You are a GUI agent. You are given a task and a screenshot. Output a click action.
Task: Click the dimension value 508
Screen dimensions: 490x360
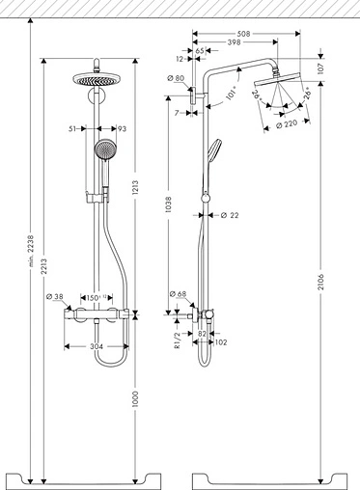246,32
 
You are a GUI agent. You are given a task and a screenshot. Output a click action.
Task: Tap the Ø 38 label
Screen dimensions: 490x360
57,296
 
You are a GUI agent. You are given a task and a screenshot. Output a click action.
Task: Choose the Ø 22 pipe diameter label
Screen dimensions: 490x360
228,215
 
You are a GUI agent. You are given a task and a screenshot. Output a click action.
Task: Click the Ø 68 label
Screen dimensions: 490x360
177,294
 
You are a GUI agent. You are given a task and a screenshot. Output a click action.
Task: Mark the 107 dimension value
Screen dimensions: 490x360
321,95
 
